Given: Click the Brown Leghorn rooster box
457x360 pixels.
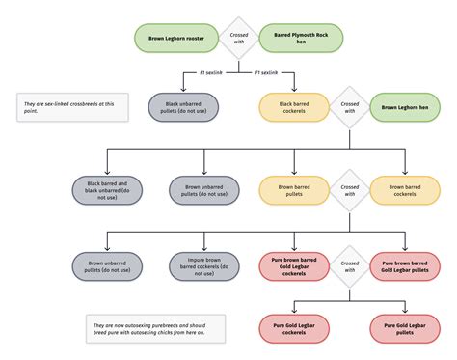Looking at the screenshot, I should click(x=175, y=39).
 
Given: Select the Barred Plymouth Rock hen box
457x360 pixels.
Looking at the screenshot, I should click(x=301, y=39).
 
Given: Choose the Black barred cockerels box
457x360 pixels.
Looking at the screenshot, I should click(x=293, y=106).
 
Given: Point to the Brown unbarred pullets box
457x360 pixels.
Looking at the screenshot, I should click(x=107, y=265).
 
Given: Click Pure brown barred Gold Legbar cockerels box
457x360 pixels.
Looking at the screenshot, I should click(x=293, y=265).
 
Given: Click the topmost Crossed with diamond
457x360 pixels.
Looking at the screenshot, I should click(x=238, y=39).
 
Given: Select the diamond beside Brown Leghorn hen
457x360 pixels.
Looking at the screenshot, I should click(x=349, y=106).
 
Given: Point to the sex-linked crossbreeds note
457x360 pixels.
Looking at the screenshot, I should click(x=73, y=107).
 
